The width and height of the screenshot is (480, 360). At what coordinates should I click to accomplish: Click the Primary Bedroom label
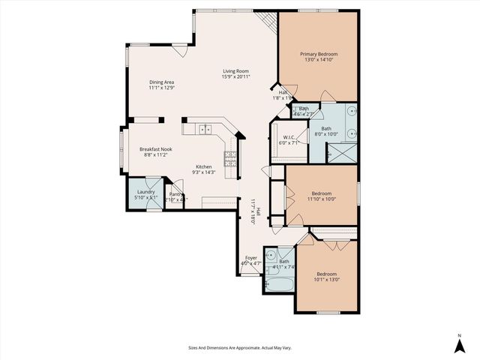click(x=319, y=54)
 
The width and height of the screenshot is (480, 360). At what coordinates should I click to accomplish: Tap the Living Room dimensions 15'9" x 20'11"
click(x=235, y=76)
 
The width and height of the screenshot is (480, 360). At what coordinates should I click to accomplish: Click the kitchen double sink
click(x=205, y=130)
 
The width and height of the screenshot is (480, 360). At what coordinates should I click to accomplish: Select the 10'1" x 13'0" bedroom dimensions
click(x=326, y=279)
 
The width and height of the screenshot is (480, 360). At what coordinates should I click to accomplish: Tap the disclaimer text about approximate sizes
click(x=239, y=347)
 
